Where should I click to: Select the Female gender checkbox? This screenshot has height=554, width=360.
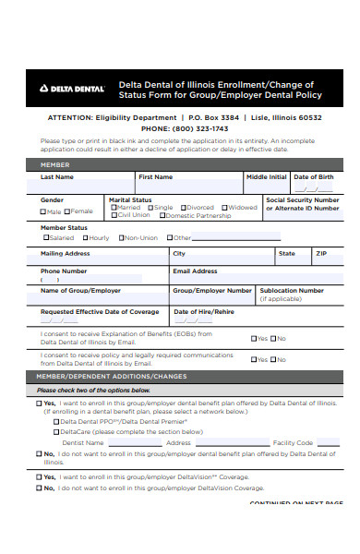coord(69,211)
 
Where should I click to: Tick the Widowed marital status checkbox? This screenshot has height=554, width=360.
coord(224,208)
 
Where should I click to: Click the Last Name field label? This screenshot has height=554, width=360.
coord(57,176)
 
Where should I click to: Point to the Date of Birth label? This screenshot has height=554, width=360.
coord(315,176)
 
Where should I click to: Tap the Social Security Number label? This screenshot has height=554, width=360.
coord(302,199)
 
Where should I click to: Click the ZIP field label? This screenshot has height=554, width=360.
coord(321,252)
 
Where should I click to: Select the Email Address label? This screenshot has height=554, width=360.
coord(195,271)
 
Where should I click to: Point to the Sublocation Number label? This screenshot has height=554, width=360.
coord(292,290)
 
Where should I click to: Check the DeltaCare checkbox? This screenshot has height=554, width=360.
coord(57,431)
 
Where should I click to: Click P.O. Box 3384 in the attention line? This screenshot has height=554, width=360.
coord(213,118)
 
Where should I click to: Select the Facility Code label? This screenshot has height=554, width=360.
coord(294,442)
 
